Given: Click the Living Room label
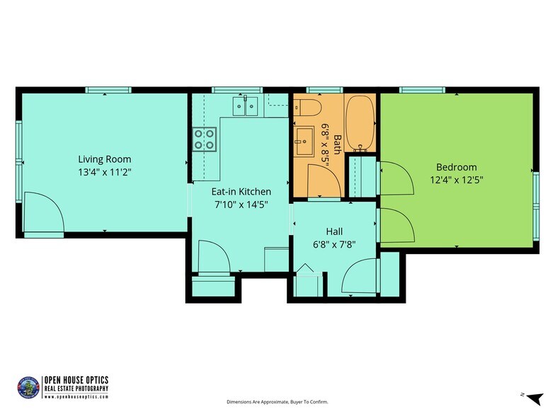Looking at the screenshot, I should (104, 159).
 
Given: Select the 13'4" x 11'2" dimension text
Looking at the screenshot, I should (104, 171).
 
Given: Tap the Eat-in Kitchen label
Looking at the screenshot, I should (241, 192).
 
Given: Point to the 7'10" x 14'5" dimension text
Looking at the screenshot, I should (241, 204).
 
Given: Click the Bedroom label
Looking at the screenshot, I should (456, 167).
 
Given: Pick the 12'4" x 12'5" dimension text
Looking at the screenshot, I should (456, 179).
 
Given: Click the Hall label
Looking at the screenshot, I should (334, 231).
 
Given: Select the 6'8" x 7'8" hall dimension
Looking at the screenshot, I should (334, 244).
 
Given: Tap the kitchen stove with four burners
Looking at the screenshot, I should (205, 139).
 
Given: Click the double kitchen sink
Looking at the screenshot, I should (246, 107).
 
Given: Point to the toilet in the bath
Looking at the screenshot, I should (308, 107).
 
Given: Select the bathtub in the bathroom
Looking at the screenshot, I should (360, 122).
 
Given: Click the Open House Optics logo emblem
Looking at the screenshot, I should (27, 386).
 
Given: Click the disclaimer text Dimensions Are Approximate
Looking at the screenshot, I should (277, 402).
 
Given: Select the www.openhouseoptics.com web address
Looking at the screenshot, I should (76, 397).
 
